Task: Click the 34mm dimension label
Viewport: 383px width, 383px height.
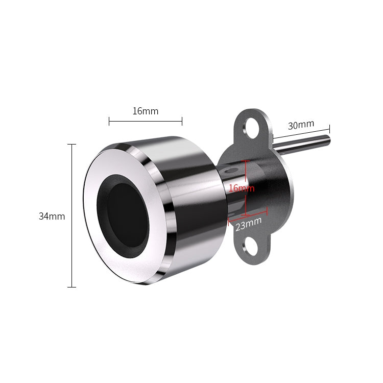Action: [x=52, y=217]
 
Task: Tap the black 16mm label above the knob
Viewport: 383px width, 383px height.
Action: [x=146, y=111]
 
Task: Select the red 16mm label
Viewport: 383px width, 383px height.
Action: [x=242, y=188]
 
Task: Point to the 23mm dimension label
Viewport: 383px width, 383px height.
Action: [x=248, y=224]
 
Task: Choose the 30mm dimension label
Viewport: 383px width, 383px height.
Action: [x=301, y=125]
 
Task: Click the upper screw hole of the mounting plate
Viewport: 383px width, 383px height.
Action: [x=252, y=128]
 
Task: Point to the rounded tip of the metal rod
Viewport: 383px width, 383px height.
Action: [x=328, y=140]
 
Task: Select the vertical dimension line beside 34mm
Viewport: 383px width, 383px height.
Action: [x=71, y=216]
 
